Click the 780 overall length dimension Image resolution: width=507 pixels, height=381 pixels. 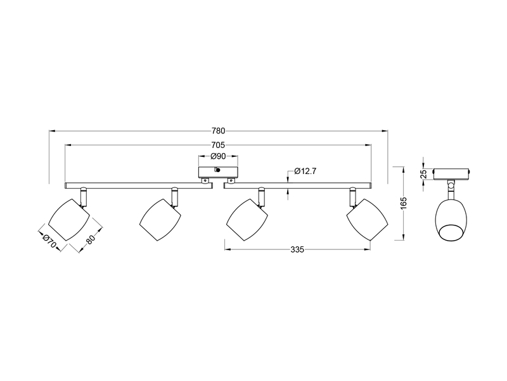click(x=218, y=131)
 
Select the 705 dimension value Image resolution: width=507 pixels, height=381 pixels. click(x=218, y=145)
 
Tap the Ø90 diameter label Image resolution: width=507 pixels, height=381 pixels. click(x=218, y=157)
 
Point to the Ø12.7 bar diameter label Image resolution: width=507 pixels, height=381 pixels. click(x=306, y=171)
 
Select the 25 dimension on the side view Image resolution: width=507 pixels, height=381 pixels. click(x=423, y=175)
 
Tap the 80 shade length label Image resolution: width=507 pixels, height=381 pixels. click(x=90, y=240)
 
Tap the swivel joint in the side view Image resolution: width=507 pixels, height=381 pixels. click(x=451, y=187)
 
